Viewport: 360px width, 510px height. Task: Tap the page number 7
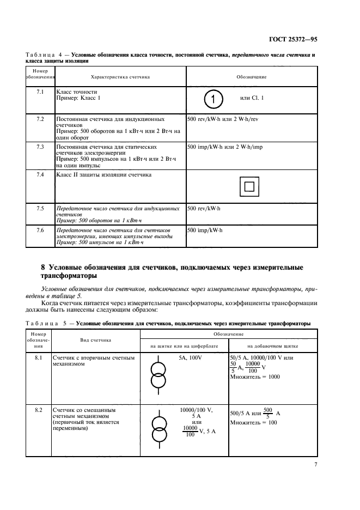pyautogui.click(x=315, y=464)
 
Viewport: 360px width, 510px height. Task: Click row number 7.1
pyautogui.click(x=40, y=92)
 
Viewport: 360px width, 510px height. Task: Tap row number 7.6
pyautogui.click(x=40, y=230)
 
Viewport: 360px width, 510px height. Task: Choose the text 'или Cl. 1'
pyautogui.click(x=252, y=98)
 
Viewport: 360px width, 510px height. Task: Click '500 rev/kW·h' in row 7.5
pyautogui.click(x=207, y=209)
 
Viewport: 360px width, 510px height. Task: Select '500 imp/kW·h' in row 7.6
pyautogui.click(x=208, y=230)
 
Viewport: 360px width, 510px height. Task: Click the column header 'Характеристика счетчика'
pyautogui.click(x=120, y=77)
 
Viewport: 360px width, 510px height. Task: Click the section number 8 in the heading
pyautogui.click(x=44, y=267)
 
